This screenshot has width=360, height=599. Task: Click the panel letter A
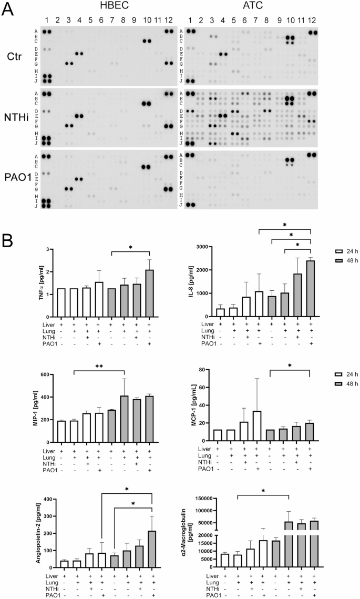tap(7, 9)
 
